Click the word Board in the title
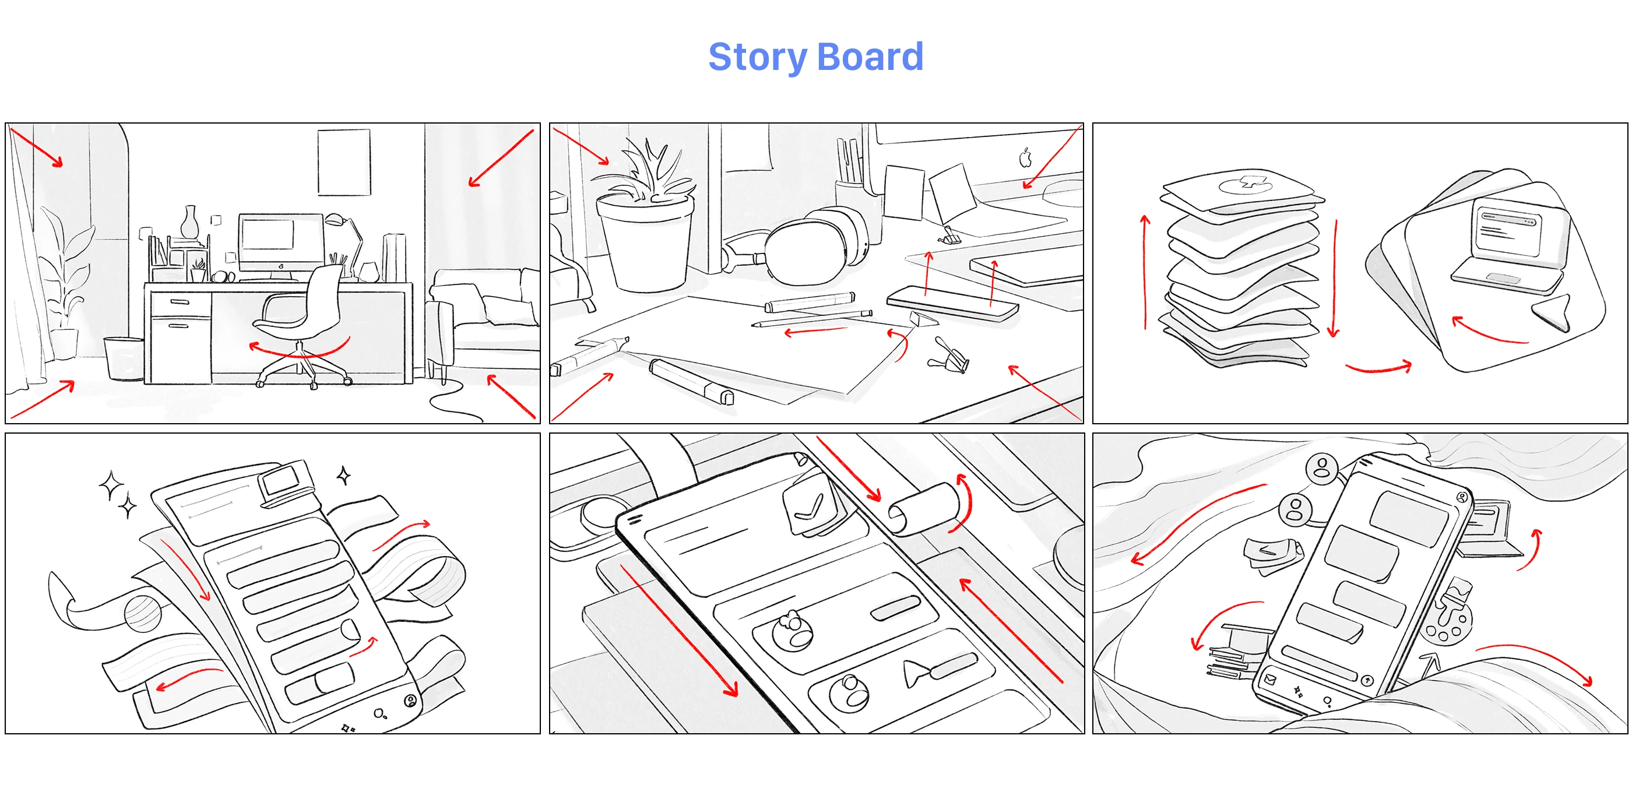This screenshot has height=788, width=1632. click(870, 57)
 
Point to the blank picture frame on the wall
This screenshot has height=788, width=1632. click(343, 162)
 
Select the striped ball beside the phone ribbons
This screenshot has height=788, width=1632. click(143, 614)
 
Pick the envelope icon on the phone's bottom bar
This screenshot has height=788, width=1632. click(1269, 680)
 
